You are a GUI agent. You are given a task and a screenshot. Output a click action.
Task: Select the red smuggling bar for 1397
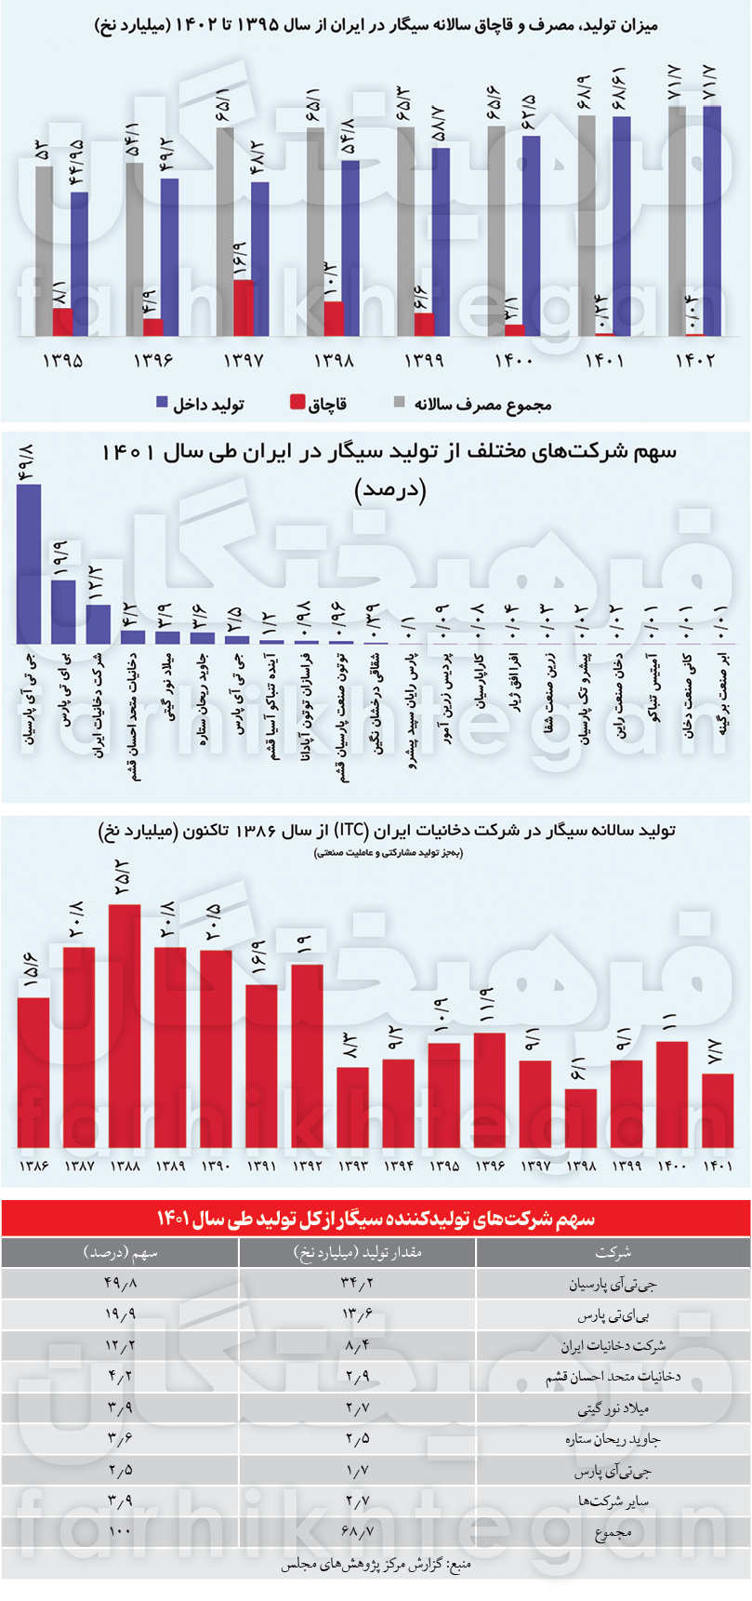[244, 307]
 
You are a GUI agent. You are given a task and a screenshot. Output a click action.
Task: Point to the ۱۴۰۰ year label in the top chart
[513, 361]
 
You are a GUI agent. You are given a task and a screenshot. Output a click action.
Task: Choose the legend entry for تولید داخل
[200, 403]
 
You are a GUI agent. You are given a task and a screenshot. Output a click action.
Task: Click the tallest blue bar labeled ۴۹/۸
[29, 564]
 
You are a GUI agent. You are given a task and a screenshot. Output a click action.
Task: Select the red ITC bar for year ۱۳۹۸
[581, 1117]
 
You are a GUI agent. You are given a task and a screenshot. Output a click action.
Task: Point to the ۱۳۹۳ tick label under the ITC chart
[353, 1166]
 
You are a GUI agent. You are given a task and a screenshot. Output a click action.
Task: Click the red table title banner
[376, 1218]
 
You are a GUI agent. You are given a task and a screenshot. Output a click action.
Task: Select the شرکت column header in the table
[613, 1252]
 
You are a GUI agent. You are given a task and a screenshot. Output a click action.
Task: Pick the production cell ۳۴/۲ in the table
[357, 1284]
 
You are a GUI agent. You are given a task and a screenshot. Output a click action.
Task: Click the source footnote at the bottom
[376, 1565]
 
